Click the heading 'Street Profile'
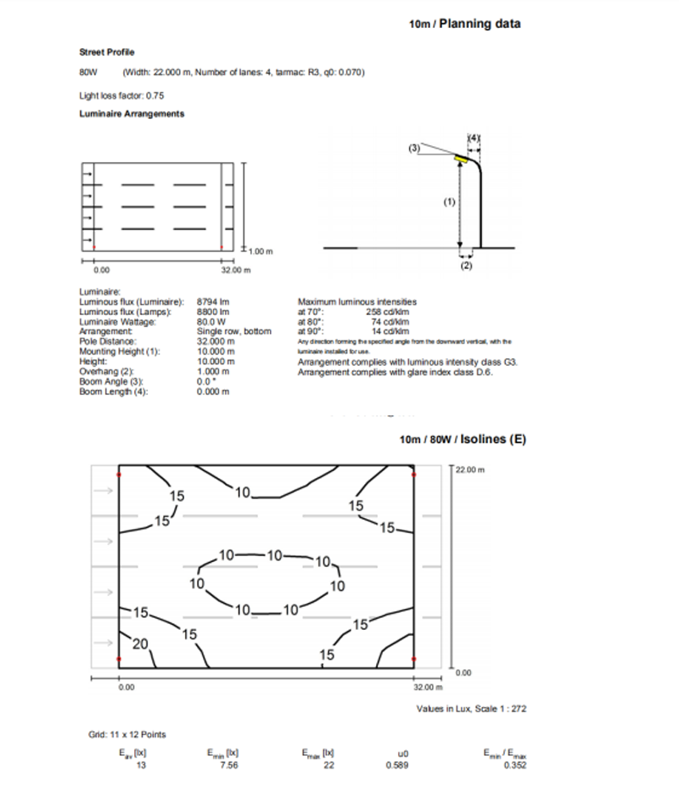pos(107,53)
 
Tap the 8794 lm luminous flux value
pos(210,301)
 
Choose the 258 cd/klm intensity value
pos(393,309)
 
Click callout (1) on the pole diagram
pos(450,202)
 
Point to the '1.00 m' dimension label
pos(257,250)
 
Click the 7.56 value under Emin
pos(223,764)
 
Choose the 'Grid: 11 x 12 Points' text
pos(127,734)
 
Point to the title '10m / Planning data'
pos(464,24)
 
